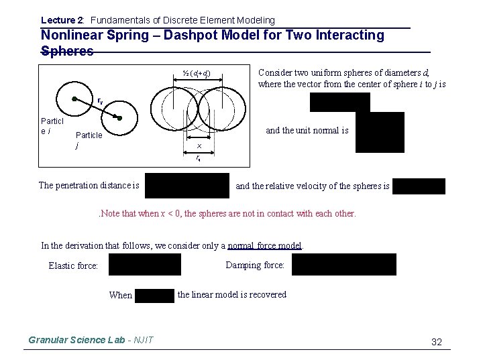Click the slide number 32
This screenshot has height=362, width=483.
(436, 342)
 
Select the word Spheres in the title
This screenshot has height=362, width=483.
(67, 51)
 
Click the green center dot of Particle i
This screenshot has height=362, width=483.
(74, 99)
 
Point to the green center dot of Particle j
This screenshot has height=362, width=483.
(115, 117)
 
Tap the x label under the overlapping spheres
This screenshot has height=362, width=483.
(199, 145)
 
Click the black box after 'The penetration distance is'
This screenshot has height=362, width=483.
(186, 185)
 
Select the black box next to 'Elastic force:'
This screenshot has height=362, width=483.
(145, 265)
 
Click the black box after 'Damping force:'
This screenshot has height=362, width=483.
(343, 265)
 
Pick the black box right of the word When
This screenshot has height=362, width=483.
(154, 295)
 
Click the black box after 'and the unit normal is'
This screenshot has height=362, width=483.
(380, 132)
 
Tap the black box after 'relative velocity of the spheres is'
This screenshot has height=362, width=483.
(419, 186)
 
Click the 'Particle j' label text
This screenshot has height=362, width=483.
(89, 139)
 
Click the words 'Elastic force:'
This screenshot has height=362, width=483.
(73, 266)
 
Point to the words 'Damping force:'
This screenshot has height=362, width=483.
(255, 265)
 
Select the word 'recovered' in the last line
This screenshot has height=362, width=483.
(266, 294)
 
